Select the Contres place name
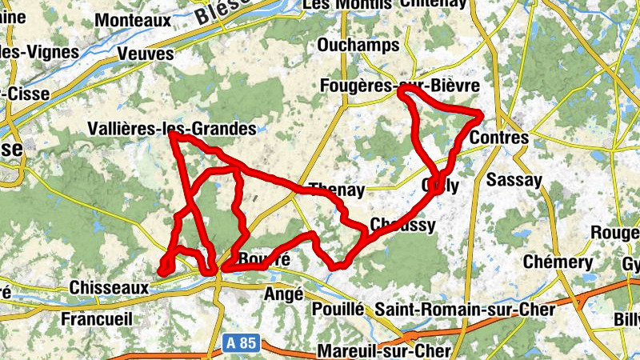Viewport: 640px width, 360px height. click(x=499, y=138)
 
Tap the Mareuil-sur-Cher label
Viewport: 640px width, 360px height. click(x=384, y=351)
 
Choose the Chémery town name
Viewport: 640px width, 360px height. click(x=558, y=262)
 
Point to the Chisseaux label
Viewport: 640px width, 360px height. click(x=109, y=287)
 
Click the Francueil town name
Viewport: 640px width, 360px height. click(x=97, y=318)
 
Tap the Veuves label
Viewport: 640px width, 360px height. click(x=145, y=54)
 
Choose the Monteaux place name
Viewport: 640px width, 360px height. click(x=134, y=18)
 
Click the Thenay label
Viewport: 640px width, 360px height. click(x=336, y=190)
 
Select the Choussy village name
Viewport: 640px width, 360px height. click(x=403, y=225)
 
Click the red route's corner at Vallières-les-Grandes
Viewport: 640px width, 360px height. click(x=173, y=136)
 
